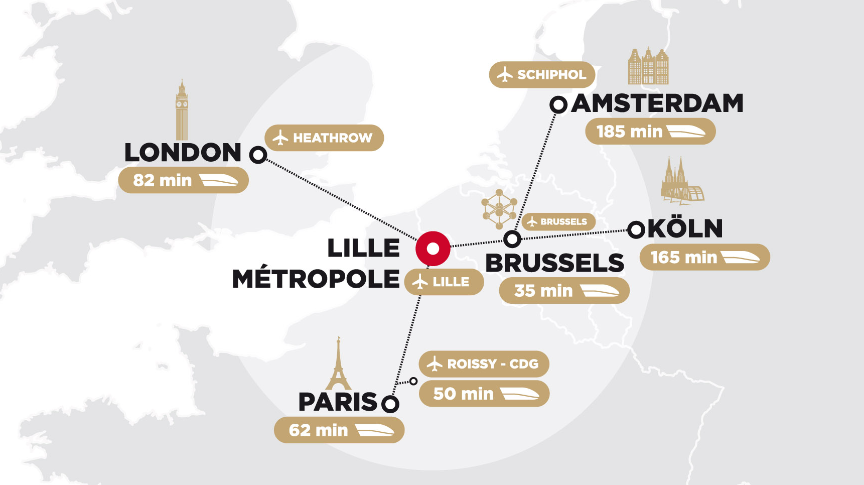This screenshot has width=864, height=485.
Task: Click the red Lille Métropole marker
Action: [x=433, y=249]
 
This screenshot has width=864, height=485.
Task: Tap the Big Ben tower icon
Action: [x=182, y=110]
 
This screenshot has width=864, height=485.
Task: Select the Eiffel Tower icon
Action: [x=339, y=365]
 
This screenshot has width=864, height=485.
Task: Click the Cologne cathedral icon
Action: [x=681, y=182]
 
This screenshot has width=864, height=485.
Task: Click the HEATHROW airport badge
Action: [x=324, y=138]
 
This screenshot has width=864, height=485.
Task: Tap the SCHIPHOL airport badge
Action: [x=542, y=75]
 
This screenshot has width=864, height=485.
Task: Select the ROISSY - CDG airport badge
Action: [x=484, y=363]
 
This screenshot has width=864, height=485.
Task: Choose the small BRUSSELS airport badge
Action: [x=558, y=221]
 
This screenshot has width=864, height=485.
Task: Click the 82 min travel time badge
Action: [x=184, y=180]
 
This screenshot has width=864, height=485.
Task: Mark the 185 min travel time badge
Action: [x=650, y=132]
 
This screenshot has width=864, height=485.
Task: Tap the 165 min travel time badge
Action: [x=704, y=257]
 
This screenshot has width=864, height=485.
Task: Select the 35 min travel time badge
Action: [x=564, y=291]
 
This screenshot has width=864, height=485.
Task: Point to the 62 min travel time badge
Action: [x=339, y=430]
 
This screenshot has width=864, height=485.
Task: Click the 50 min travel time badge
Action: [x=484, y=394]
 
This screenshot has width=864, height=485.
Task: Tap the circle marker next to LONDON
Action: [x=258, y=155]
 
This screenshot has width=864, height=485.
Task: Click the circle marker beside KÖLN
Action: [x=636, y=230]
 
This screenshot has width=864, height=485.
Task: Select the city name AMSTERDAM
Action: [x=657, y=103]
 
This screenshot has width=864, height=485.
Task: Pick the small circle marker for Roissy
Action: [x=413, y=381]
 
